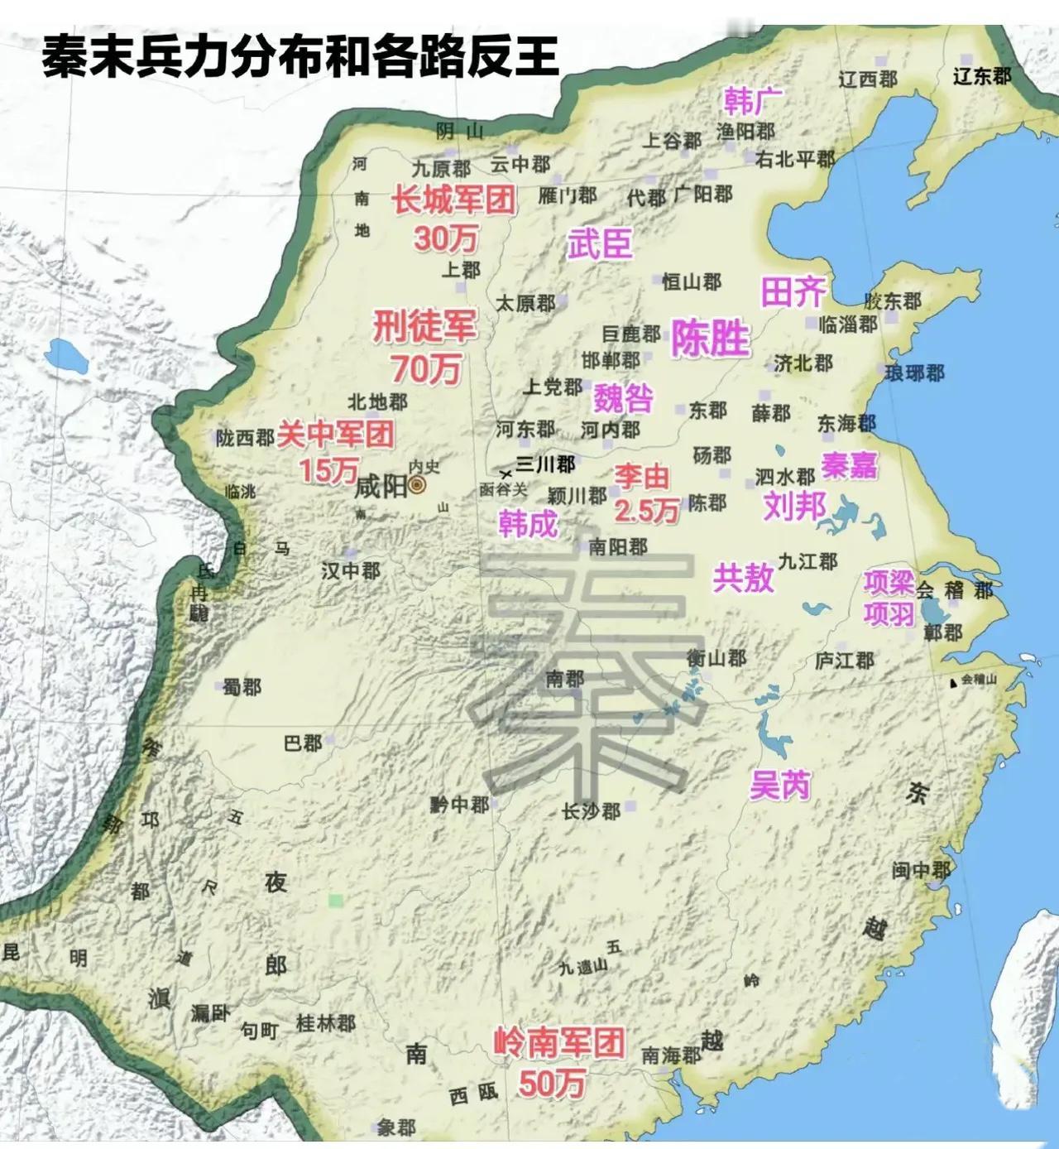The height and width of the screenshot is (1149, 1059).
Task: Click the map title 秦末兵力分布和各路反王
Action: point(300,56)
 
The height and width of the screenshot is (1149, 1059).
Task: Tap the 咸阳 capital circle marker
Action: point(418,485)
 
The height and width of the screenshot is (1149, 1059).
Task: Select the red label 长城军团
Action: point(454,200)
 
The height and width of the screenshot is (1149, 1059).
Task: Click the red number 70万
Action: point(426,368)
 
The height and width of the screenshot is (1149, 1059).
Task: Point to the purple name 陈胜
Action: point(710,339)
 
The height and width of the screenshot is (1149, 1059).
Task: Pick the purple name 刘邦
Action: point(794,504)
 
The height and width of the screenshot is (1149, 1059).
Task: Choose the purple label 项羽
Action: point(889,613)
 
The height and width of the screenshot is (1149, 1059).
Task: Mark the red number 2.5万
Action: point(646,511)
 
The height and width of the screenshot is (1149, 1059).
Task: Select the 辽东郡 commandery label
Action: point(982,76)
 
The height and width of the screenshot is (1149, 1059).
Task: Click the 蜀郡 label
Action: point(242,686)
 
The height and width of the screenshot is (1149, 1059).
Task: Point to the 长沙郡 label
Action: point(591,811)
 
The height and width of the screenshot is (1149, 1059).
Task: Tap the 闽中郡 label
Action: point(921,870)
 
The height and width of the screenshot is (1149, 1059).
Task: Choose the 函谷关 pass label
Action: point(503,490)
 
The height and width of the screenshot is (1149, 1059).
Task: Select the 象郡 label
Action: point(396,1127)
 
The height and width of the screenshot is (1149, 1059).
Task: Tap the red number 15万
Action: point(328,470)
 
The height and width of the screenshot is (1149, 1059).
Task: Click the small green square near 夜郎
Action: point(335,900)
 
